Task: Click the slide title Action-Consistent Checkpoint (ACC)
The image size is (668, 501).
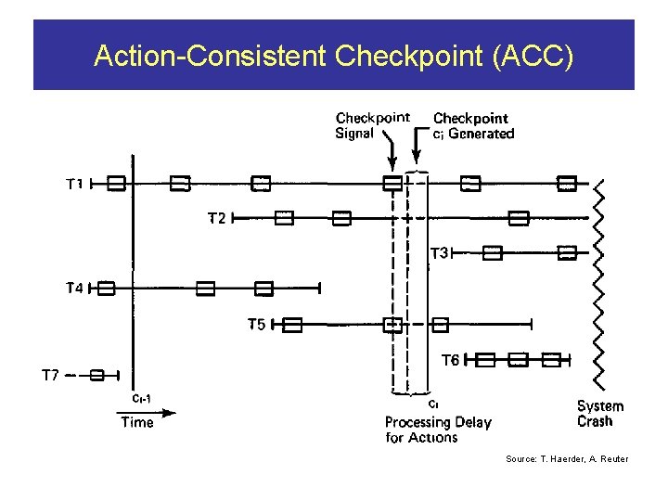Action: (x=334, y=57)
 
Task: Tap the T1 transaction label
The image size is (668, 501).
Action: (x=74, y=184)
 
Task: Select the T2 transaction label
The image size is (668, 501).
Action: (x=215, y=219)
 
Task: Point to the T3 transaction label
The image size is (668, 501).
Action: (x=439, y=252)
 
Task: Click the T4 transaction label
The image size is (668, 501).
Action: (x=74, y=289)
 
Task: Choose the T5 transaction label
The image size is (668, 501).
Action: (x=256, y=324)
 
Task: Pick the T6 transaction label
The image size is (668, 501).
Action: (x=449, y=359)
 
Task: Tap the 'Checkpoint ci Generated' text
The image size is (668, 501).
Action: (x=473, y=125)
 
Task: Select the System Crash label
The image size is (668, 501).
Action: (x=600, y=414)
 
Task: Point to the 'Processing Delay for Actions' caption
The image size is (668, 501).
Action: (x=438, y=430)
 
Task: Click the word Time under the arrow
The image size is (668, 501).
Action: (x=137, y=422)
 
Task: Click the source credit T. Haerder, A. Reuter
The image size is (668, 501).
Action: (x=567, y=458)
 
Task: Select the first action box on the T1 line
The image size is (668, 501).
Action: (x=116, y=184)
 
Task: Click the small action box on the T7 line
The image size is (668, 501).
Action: (x=97, y=375)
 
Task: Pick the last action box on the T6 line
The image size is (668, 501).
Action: (x=552, y=359)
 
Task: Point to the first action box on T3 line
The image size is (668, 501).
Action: (x=493, y=253)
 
